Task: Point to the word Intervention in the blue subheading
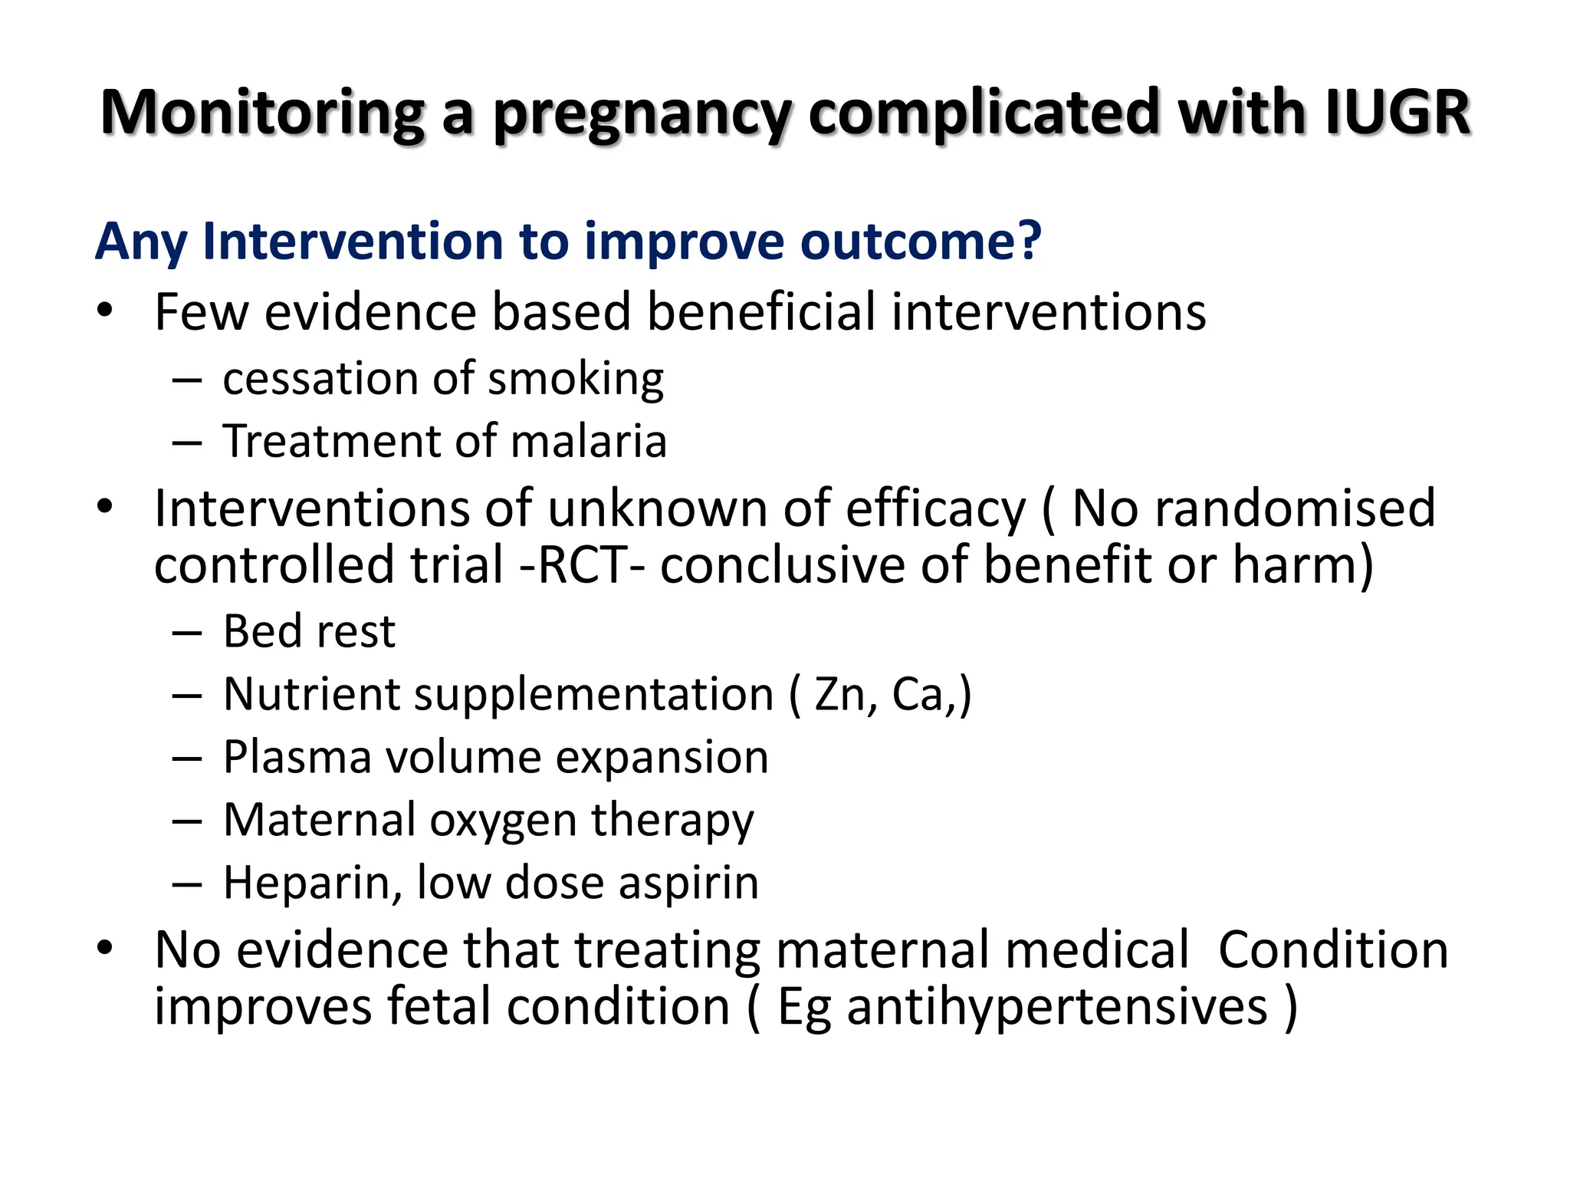click(353, 241)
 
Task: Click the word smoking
click(576, 380)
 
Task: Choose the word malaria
click(589, 442)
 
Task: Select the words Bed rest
click(309, 632)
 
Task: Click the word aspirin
click(688, 883)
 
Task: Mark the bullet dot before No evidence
click(105, 948)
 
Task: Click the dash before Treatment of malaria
click(187, 443)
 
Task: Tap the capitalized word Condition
click(1333, 949)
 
